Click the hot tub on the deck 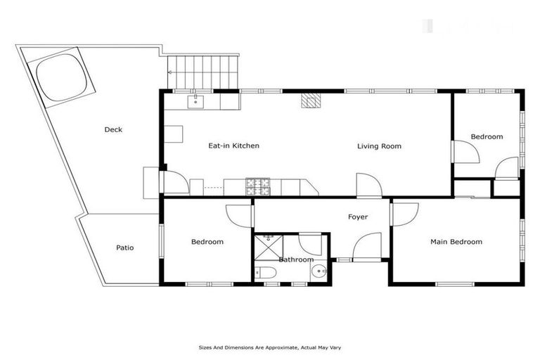point(62,76)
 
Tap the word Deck point(113,129)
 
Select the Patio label point(125,247)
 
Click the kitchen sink point(196,103)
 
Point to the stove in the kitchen point(257,186)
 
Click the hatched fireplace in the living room point(310,102)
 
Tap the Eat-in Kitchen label point(234,146)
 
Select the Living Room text point(379,146)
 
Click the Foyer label point(358,217)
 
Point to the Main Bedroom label point(456,242)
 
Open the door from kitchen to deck point(176,182)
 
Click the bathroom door point(309,245)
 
